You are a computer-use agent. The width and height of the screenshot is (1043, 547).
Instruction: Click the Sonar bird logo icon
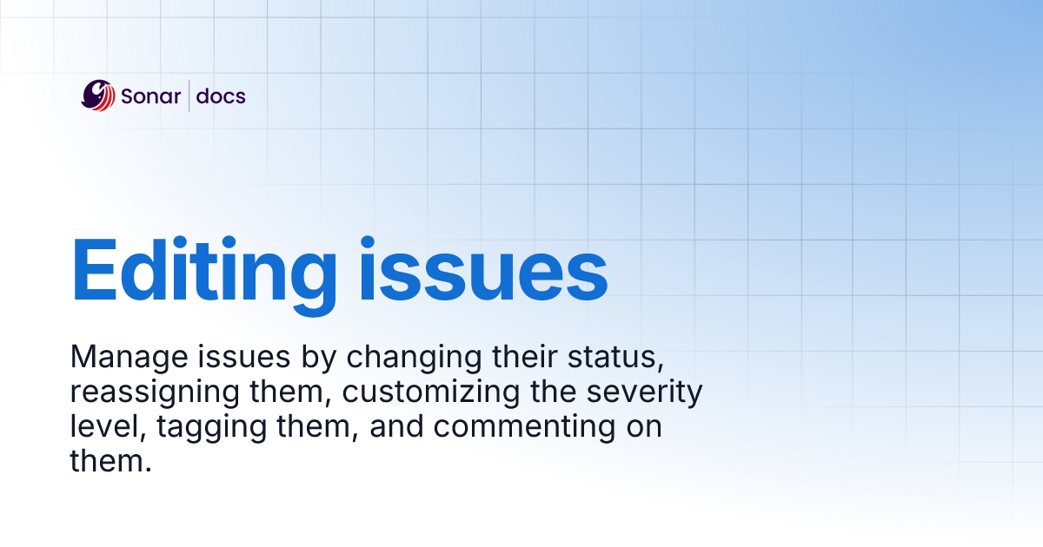(98, 96)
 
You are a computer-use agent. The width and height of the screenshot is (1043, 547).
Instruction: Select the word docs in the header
(221, 96)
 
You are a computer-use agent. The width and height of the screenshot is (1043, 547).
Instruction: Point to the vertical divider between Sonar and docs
(189, 96)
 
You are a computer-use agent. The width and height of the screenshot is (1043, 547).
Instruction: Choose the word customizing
(431, 392)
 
